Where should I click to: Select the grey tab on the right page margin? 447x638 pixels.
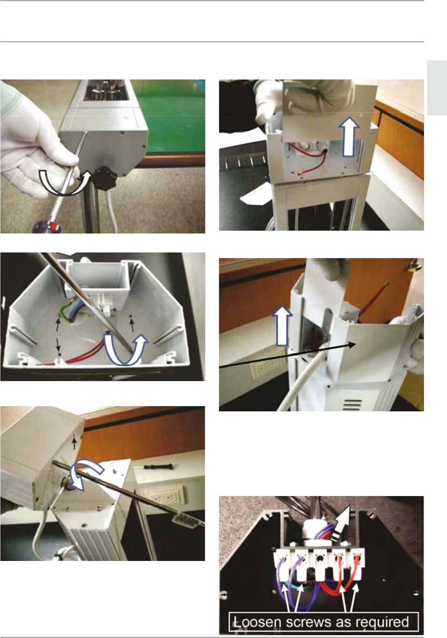[x=437, y=88]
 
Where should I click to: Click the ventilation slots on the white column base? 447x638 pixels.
[x=353, y=404]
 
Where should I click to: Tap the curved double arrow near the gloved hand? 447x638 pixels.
[x=65, y=182]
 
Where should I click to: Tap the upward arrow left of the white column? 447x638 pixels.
[x=282, y=326]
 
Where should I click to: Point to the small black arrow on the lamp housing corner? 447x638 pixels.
[x=74, y=443]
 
